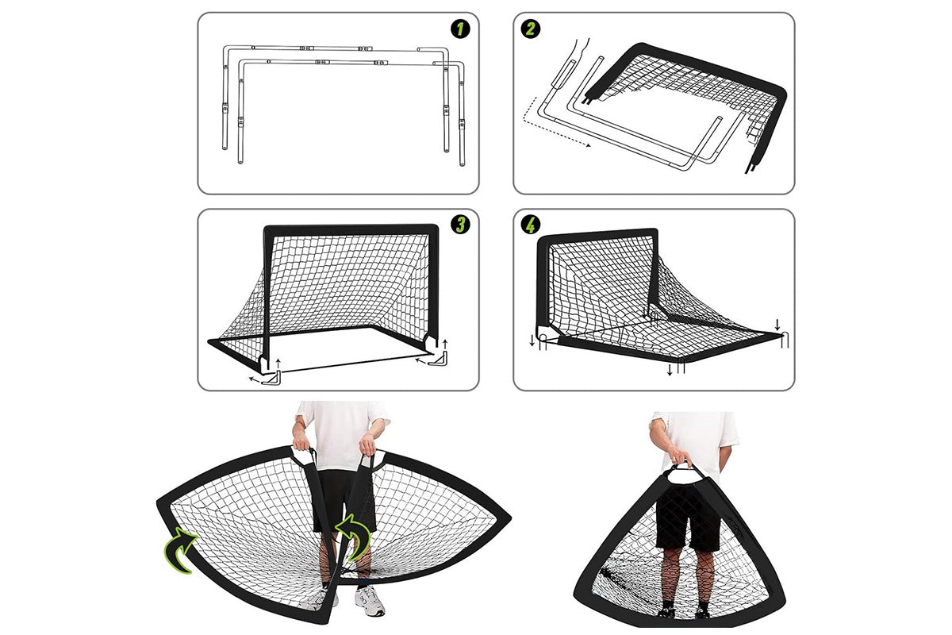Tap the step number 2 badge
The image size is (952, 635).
coord(531,29)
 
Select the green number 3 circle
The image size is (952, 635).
coord(461,225)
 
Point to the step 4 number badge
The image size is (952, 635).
coord(531,225)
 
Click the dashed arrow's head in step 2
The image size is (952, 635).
coord(588,145)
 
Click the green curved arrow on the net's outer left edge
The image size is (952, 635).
coord(181,549)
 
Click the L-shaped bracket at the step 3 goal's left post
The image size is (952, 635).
coord(272,378)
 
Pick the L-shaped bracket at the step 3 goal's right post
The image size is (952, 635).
coord(439,358)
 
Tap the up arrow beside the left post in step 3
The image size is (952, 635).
coord(278,364)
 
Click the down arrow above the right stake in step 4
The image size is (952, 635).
coord(777,325)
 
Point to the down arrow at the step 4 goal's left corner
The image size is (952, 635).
coord(532,341)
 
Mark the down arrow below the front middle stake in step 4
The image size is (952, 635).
coord(670,370)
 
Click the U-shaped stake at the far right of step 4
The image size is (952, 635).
coord(785,340)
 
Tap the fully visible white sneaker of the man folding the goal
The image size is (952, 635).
coord(370,601)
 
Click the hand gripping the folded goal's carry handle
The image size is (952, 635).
coord(681,459)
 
